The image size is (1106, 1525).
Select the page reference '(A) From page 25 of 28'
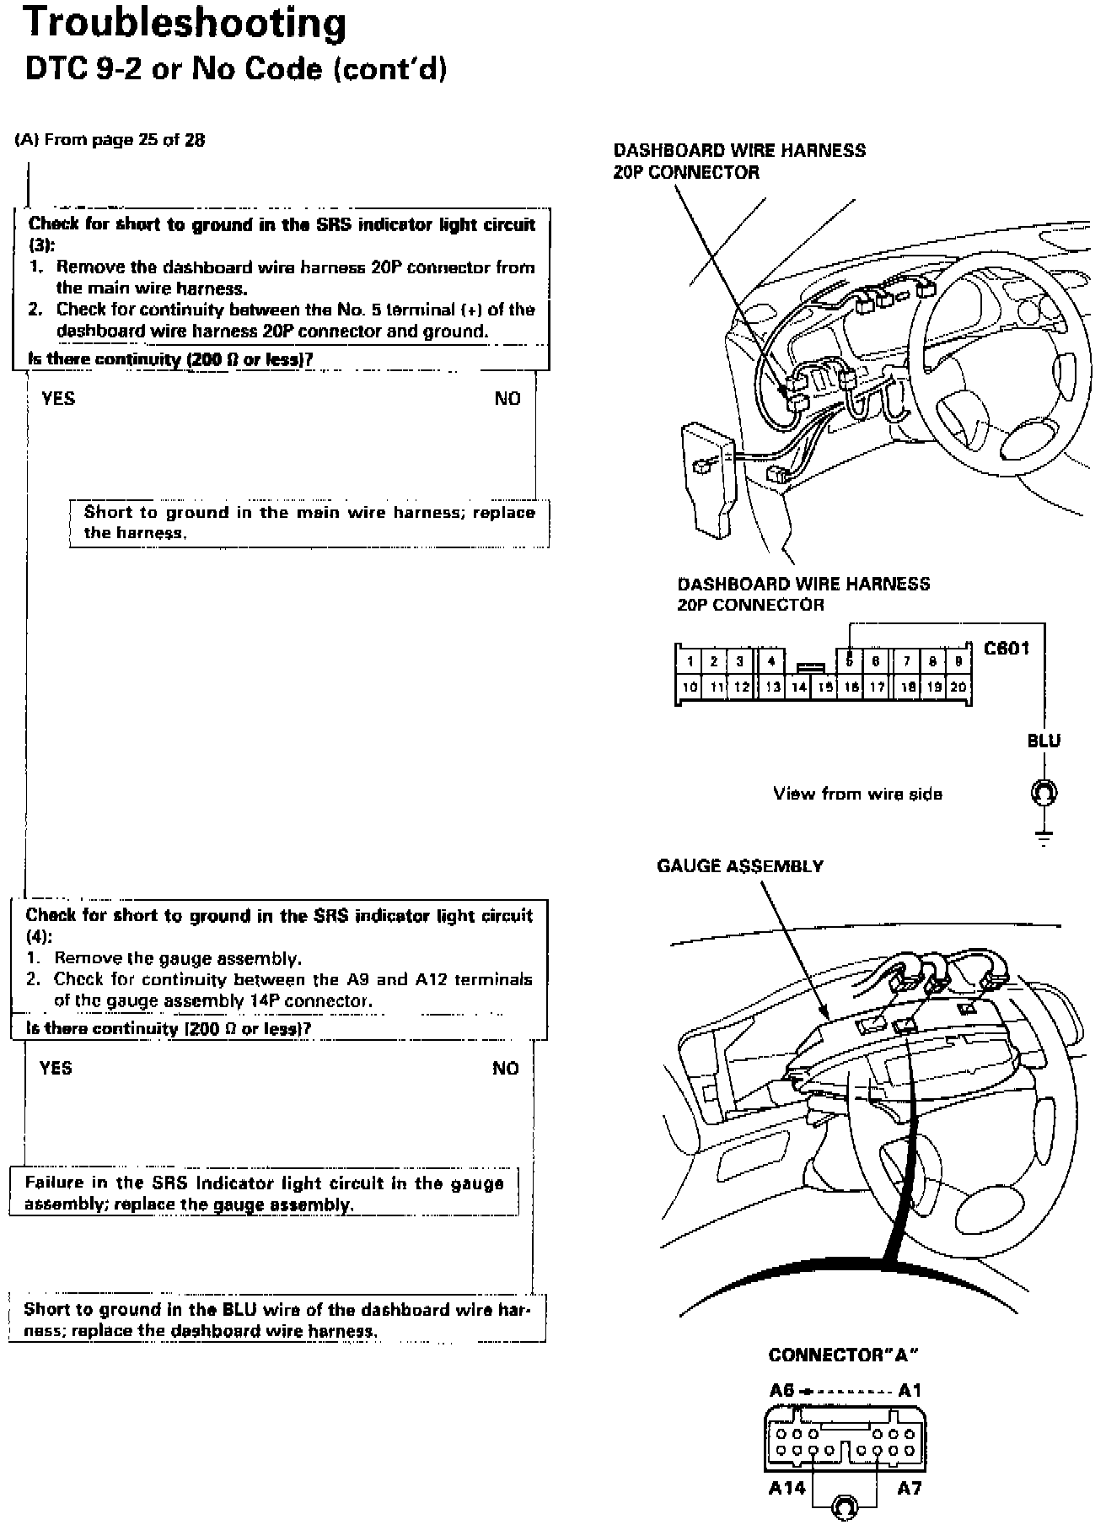coord(110,140)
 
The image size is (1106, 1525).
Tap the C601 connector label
coord(1007,649)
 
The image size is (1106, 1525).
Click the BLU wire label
coord(1044,741)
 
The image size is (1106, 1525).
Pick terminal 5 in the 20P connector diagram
coord(851,661)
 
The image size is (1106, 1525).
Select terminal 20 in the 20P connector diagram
coord(958,687)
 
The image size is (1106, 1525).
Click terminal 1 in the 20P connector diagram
coord(690,661)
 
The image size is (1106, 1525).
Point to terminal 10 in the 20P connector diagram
coord(690,687)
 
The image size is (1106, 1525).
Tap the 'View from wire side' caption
coord(857,794)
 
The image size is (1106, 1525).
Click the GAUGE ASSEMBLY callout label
coord(739,866)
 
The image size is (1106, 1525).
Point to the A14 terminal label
coord(787,1489)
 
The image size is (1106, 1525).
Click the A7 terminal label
coord(909,1489)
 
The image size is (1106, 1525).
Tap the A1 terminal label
coord(910,1391)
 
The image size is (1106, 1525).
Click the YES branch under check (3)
coord(58,399)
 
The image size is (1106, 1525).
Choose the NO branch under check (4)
coord(506,1069)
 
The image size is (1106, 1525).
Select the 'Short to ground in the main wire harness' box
coord(309,523)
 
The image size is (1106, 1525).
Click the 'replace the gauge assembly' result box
coord(264,1194)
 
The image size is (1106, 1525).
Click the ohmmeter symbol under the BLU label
coord(1044,794)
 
